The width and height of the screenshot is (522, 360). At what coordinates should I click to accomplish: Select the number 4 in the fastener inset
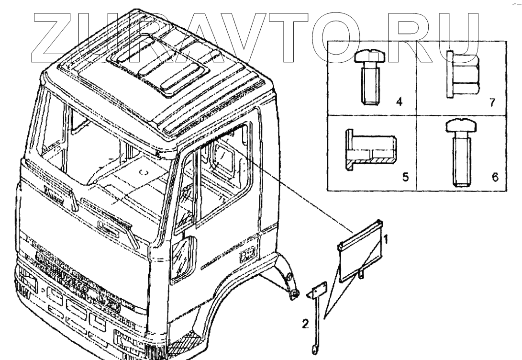click(399, 102)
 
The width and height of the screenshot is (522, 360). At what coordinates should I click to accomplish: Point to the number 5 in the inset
click(405, 178)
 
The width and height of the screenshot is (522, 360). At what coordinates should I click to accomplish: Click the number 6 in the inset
click(494, 178)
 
